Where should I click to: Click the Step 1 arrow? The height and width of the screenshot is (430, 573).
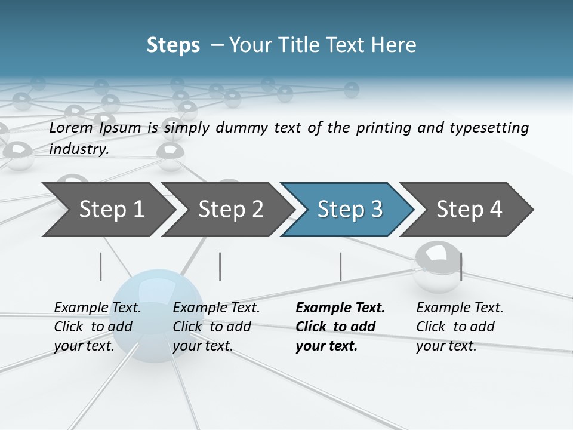point(107,210)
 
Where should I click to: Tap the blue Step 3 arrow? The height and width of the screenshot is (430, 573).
point(347,210)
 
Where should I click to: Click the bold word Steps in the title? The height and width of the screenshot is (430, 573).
point(173,45)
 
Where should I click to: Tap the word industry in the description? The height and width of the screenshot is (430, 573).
point(78,149)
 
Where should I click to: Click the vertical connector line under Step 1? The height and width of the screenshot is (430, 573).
point(101,266)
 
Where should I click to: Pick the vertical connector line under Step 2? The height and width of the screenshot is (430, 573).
point(220,266)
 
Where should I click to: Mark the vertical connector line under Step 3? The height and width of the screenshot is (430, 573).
point(341,266)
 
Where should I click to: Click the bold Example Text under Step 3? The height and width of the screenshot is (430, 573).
point(340,308)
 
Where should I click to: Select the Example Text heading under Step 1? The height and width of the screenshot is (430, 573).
point(97,308)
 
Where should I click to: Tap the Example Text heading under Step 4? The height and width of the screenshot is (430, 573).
point(460,308)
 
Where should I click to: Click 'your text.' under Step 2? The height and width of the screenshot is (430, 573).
point(202,346)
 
